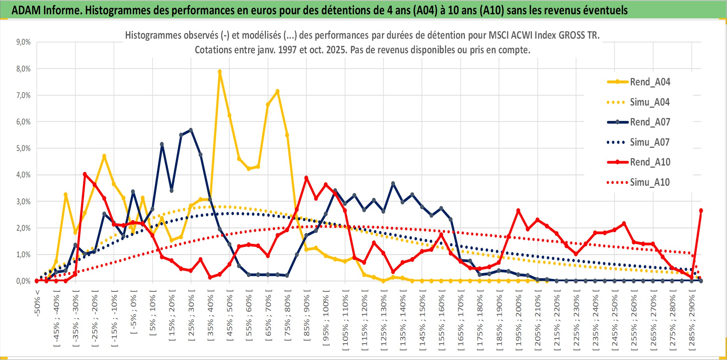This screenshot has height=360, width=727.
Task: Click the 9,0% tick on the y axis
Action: [23, 42]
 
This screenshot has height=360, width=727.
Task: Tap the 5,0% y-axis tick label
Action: [23, 148]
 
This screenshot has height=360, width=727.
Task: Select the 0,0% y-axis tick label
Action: [23, 281]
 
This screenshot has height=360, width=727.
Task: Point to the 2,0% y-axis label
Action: [23, 228]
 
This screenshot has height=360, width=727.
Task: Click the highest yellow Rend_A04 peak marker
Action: [220, 72]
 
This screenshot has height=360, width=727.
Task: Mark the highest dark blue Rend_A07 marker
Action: [191, 130]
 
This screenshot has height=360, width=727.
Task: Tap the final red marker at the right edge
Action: [701, 210]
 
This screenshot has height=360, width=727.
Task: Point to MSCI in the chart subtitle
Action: [499, 35]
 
